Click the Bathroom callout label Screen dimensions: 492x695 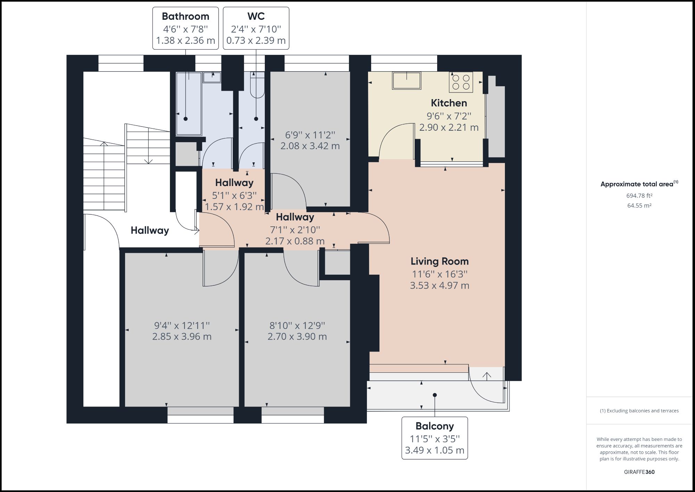pos(186,28)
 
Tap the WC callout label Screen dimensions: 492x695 pos(256,28)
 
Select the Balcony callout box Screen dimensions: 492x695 pos(434,438)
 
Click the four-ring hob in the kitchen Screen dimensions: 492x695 pos(461,82)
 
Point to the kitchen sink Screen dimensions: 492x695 pos(407,80)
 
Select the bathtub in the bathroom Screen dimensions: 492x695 pos(189,103)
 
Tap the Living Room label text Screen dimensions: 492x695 pos(440,261)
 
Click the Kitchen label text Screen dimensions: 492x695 pos(449,103)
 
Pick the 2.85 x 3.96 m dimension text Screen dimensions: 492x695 pos(182,337)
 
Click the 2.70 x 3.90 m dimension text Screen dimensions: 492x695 pos(297,337)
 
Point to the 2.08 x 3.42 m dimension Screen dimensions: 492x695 pos(310,146)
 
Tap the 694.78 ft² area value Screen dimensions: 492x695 pos(639,196)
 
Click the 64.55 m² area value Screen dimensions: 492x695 pos(639,205)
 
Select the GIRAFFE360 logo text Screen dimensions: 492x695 pos(639,472)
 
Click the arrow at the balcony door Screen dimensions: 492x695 pos(486,376)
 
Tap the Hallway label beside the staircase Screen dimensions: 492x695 pos(150,230)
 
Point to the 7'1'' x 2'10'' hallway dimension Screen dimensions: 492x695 pos(295,229)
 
